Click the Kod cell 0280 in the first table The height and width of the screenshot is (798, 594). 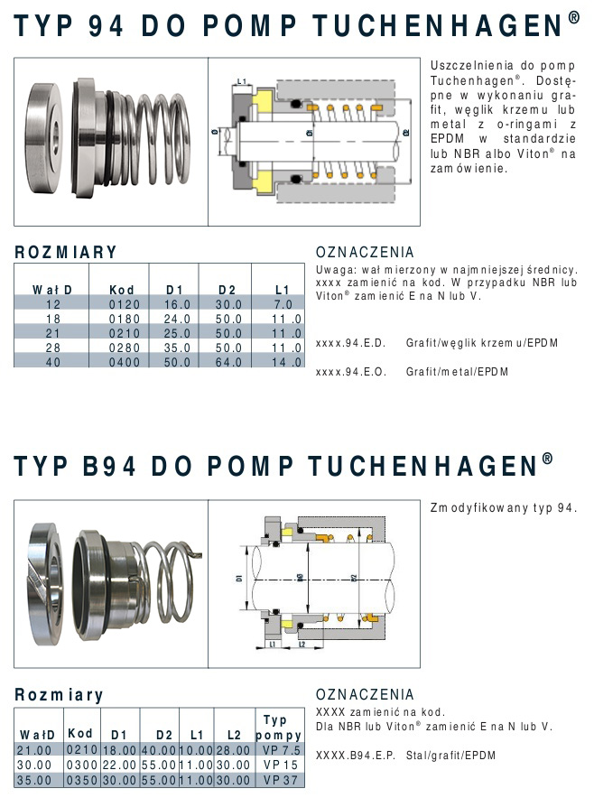125,348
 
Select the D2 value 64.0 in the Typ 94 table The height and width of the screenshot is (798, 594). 228,362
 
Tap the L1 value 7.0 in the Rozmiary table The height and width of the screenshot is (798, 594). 283,304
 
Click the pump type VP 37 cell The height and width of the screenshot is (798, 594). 281,780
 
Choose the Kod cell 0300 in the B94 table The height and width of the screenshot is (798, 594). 82,765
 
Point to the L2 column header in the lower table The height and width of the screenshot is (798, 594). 234,735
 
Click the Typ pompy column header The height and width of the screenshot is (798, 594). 278,728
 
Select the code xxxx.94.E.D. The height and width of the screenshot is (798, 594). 350,343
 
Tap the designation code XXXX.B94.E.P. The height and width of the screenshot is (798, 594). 356,756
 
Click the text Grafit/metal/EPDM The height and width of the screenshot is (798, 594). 457,372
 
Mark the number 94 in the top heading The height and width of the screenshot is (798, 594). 106,25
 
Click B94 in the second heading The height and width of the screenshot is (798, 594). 109,465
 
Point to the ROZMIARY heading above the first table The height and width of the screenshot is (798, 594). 66,252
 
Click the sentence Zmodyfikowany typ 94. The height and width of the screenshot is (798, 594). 504,508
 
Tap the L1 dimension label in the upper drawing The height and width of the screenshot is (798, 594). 242,81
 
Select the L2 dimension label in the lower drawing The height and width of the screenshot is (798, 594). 302,644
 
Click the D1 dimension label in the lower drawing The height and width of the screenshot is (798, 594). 239,578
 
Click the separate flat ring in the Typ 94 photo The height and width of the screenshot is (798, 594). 43,138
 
